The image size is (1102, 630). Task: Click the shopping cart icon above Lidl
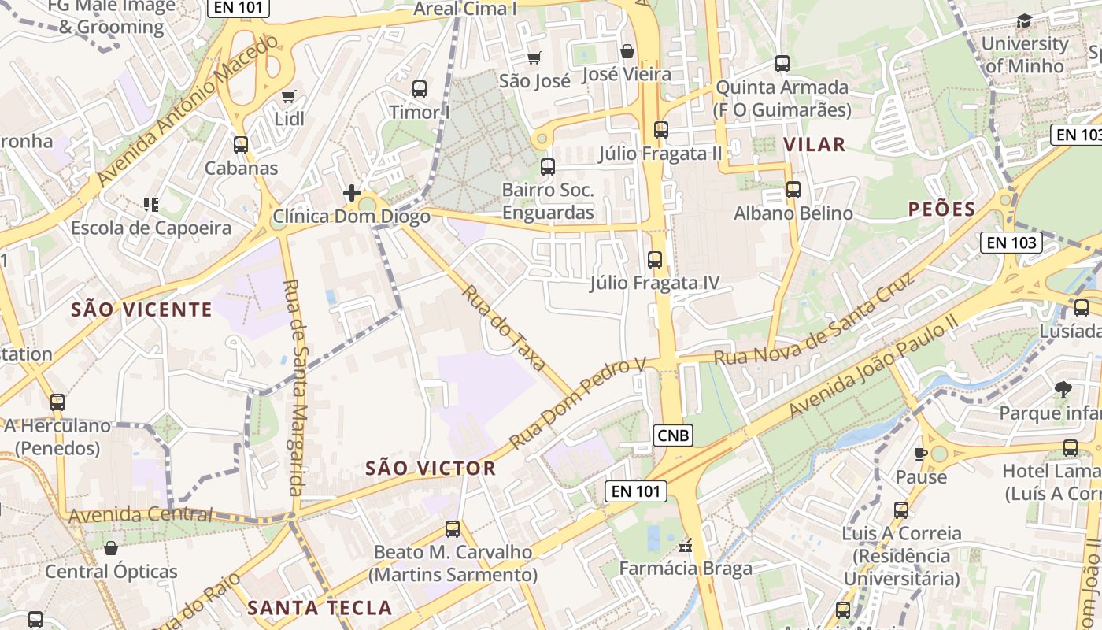pyautogui.click(x=288, y=96)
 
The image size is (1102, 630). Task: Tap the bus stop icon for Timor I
pyautogui.click(x=420, y=89)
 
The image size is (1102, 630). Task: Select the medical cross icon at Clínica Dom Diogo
pyautogui.click(x=351, y=192)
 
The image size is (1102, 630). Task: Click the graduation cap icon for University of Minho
pyautogui.click(x=1024, y=21)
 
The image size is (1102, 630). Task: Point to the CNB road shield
pyautogui.click(x=673, y=435)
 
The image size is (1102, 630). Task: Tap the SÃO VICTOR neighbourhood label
pyautogui.click(x=431, y=469)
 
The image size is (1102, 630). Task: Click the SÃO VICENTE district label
pyautogui.click(x=142, y=309)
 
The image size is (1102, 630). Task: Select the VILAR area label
pyautogui.click(x=815, y=144)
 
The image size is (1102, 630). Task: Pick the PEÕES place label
pyautogui.click(x=942, y=209)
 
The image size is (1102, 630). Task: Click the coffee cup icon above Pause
pyautogui.click(x=921, y=453)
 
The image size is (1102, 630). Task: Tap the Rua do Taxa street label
pyautogui.click(x=503, y=328)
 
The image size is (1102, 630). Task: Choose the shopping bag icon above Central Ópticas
pyautogui.click(x=111, y=547)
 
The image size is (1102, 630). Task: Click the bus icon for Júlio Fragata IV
pyautogui.click(x=655, y=259)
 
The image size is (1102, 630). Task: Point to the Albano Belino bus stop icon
pyautogui.click(x=793, y=190)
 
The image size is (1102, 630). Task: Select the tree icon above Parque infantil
pyautogui.click(x=1063, y=388)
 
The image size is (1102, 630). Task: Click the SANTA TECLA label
pyautogui.click(x=320, y=608)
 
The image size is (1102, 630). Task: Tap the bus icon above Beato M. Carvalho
pyautogui.click(x=453, y=528)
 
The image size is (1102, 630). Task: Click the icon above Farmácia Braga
pyautogui.click(x=686, y=545)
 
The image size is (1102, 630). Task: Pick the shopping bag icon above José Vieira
pyautogui.click(x=627, y=51)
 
